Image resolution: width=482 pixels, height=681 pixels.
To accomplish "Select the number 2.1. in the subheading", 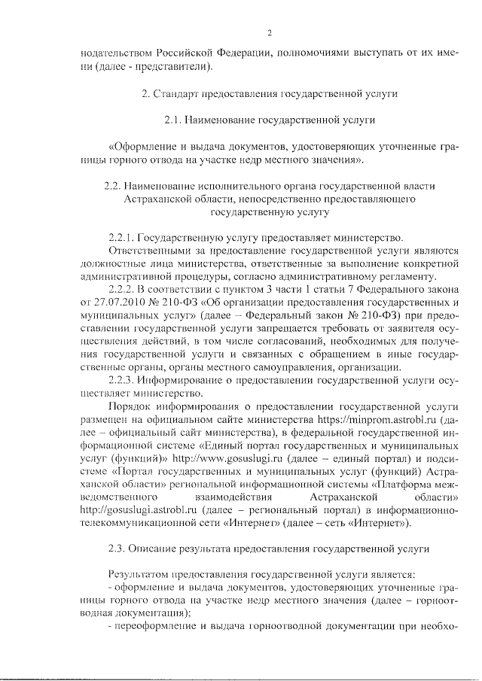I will (173, 120).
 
